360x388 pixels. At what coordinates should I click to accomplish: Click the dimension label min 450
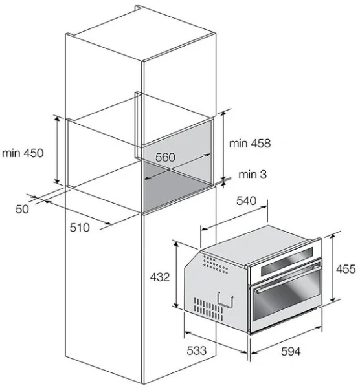[x=23, y=153]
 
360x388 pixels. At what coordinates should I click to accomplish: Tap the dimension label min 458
[x=250, y=144]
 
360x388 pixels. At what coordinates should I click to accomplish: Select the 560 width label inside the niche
[x=165, y=157]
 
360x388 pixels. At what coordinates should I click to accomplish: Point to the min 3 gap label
[x=253, y=175]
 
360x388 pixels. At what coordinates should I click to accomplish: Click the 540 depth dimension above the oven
[x=246, y=200]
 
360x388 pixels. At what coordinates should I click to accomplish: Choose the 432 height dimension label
[x=160, y=277]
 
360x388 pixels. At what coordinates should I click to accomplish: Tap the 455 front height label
[x=346, y=269]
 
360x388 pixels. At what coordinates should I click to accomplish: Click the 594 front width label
[x=291, y=351]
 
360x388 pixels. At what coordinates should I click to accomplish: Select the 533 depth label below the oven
[x=196, y=350]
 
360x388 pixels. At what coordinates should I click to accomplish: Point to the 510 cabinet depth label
[x=80, y=228]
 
